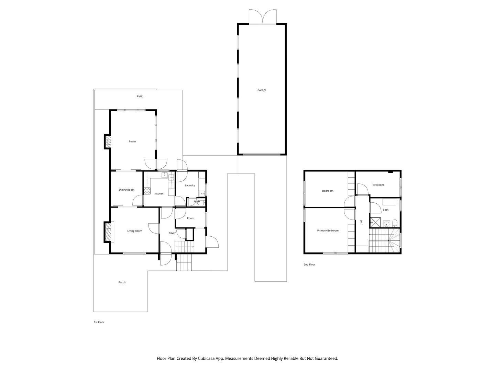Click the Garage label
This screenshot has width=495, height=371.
262,90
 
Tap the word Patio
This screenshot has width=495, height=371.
140,96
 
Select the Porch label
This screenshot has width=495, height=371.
122,282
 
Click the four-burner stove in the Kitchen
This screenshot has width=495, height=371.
147,191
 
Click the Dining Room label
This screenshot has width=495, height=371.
126,190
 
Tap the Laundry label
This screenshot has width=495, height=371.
190,185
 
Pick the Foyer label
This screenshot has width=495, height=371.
172,233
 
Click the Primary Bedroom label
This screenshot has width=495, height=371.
328,231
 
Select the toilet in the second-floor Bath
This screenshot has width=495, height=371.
395,223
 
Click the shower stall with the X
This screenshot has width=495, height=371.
375,222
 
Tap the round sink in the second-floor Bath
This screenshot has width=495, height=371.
387,224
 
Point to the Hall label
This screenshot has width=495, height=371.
361,222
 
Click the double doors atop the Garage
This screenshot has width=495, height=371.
263,16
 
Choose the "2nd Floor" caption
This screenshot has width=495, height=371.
309,265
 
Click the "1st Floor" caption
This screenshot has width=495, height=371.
99,322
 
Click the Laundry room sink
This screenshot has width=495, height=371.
202,193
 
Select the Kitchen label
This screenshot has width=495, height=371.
159,194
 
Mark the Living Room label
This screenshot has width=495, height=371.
134,231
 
